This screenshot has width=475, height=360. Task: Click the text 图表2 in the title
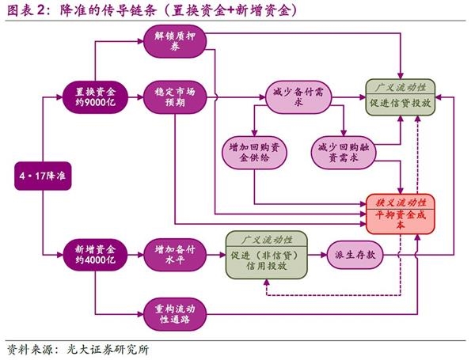(25, 10)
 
